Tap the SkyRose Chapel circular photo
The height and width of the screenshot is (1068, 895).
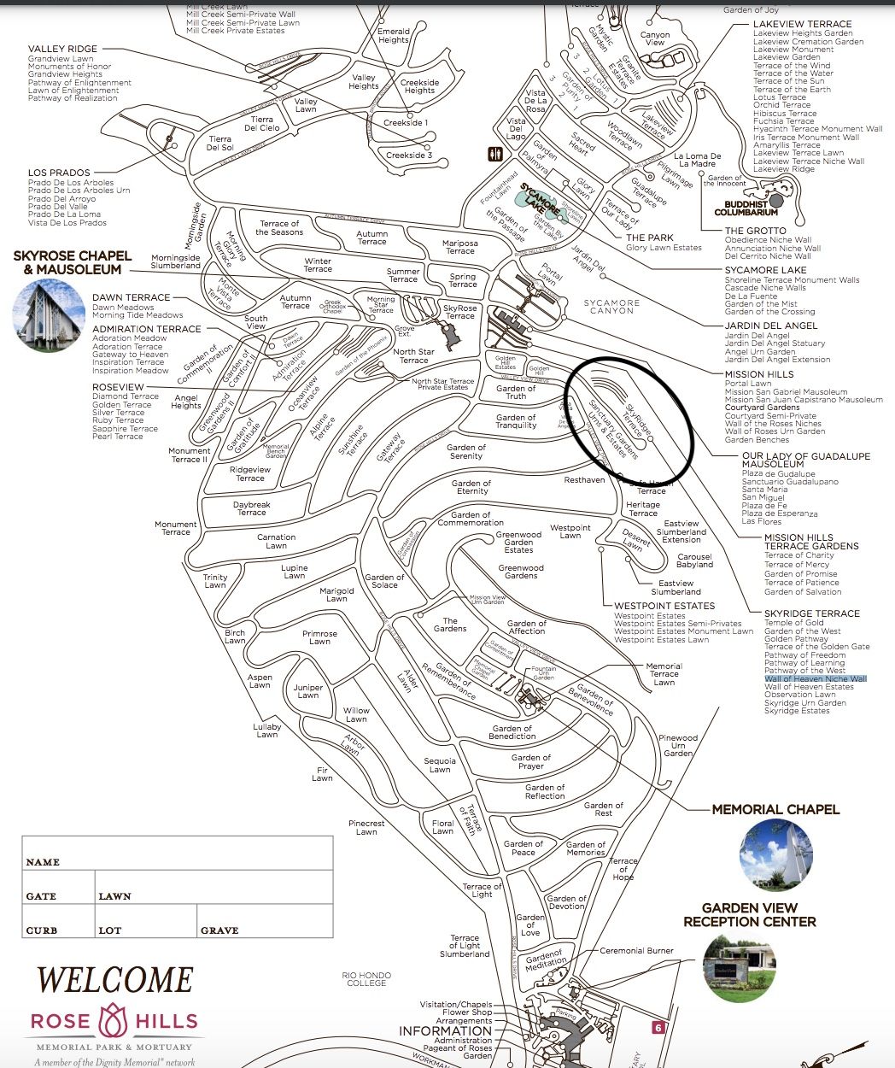[48, 314]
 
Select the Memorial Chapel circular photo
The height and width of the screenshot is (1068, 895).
[775, 855]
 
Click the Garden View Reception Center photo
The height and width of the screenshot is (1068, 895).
[739, 968]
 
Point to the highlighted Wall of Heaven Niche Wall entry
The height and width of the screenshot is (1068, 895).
[815, 678]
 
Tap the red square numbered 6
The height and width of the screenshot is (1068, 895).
[658, 1028]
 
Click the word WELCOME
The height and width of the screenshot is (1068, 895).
[115, 980]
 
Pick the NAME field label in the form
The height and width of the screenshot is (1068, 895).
[43, 862]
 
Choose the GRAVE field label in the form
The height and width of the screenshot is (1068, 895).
[219, 930]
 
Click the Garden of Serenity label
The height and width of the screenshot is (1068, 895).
[466, 451]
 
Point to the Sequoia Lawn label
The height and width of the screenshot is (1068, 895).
[440, 765]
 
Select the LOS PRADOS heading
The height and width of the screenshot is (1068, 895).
[59, 173]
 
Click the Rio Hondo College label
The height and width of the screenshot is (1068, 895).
[366, 979]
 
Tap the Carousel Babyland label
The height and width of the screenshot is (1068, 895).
[694, 560]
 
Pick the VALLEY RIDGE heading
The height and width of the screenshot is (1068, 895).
[62, 49]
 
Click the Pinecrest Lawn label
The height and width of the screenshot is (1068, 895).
[366, 827]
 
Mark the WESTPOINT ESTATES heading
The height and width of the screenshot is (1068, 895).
[664, 606]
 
